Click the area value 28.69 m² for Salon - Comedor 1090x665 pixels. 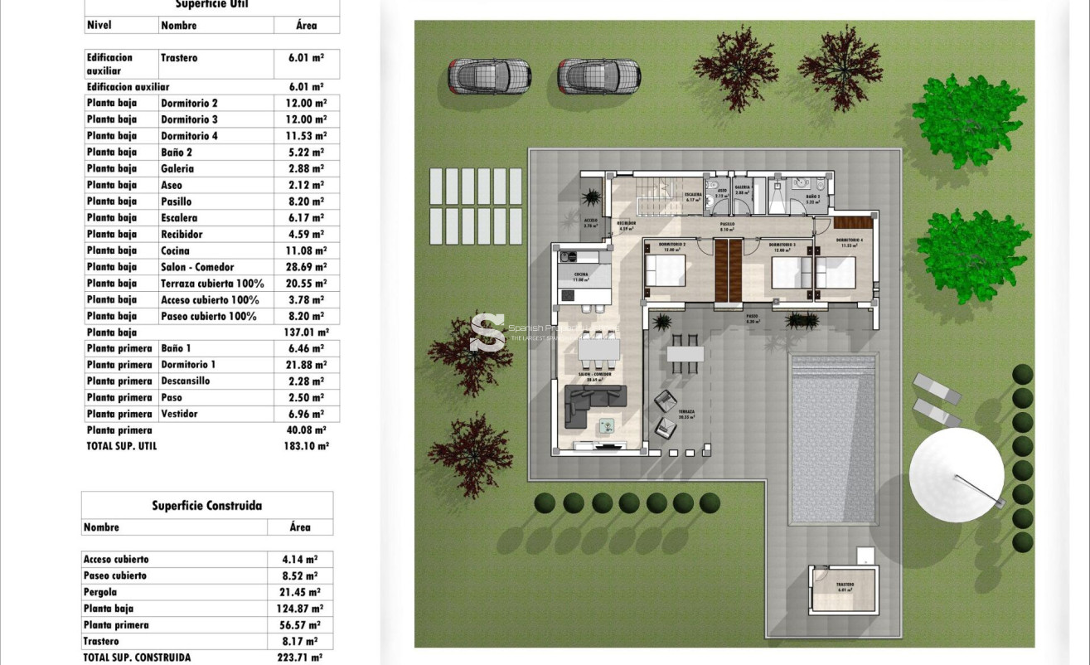(306, 267)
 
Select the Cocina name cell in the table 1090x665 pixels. (175, 250)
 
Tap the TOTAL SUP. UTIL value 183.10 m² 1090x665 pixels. (306, 446)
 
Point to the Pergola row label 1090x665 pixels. (100, 592)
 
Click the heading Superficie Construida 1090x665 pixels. (206, 505)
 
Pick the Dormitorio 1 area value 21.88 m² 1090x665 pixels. (306, 365)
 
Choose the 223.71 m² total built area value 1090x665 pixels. (299, 658)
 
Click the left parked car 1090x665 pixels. (489, 76)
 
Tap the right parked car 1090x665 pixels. (598, 76)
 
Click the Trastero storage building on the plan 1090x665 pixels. (844, 589)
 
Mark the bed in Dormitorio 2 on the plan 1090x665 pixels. (666, 271)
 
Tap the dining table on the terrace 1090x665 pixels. (685, 354)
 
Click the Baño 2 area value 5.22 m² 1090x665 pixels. (306, 153)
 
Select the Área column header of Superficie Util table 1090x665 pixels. (306, 26)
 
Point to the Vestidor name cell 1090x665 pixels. (179, 414)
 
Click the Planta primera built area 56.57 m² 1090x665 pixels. (299, 625)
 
